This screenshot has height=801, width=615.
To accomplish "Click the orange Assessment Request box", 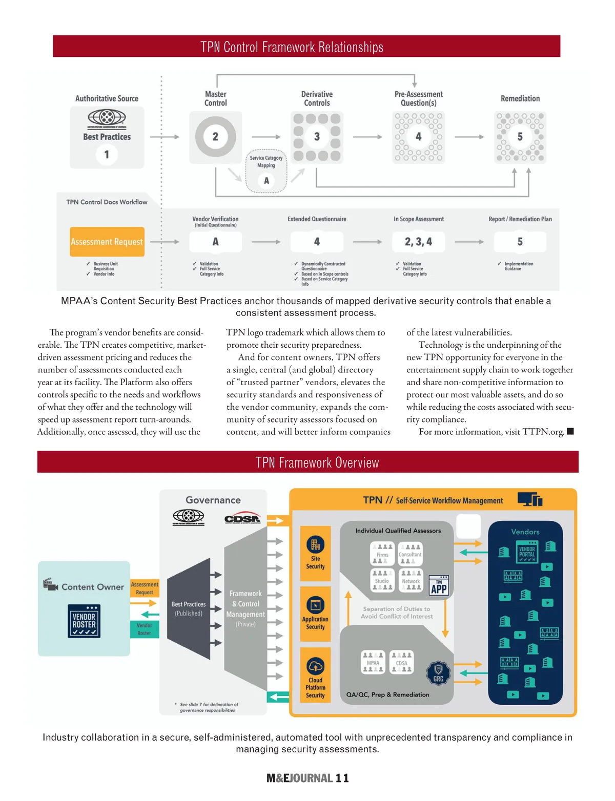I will pos(107,242).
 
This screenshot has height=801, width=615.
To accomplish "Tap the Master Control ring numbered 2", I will pos(215,137).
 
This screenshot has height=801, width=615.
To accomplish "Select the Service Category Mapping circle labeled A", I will pos(266,180).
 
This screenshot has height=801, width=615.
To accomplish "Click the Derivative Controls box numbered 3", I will pos(317,137).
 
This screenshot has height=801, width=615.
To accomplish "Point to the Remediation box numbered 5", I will pos(520,137).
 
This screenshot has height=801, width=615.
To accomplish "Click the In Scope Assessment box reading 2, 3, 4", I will pos(418,242).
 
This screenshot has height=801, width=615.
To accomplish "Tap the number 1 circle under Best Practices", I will pos(107,154).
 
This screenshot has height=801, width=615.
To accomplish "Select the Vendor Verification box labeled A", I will pos(215,242).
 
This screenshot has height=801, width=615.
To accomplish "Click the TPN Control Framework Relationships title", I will pos(292,47).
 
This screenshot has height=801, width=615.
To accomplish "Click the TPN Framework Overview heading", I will pos(317,462).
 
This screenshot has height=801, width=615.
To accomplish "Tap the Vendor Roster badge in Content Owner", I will pos(84,621).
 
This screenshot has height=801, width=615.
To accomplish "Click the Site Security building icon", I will pos(315,544).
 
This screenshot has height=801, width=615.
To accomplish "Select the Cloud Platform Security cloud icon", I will pos(315,666).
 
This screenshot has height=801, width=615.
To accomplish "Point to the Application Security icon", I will pos(315,605).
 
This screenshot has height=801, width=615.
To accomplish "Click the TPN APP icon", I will pos(439,585).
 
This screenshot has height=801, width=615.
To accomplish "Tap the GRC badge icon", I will pos(438,672).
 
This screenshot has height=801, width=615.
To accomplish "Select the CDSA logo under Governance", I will pos(242,518).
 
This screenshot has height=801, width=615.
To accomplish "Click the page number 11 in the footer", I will pos(342,778).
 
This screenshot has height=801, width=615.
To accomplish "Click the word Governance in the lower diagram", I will pos(213,500).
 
